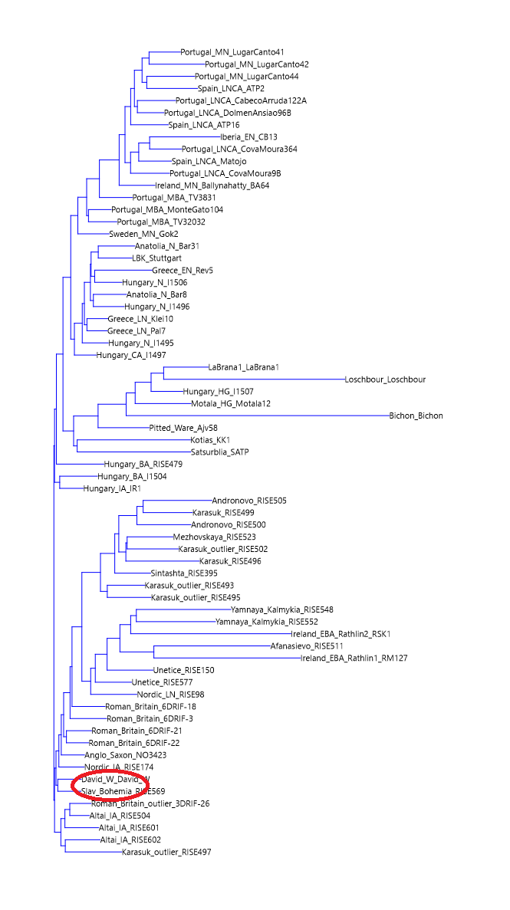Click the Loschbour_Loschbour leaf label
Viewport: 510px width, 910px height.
[385, 379]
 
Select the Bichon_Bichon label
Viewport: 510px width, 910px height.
[416, 416]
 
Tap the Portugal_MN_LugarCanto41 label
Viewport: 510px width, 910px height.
[220, 52]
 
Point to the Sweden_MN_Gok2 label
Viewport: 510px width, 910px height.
[143, 234]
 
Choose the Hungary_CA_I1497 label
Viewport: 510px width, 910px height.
[131, 355]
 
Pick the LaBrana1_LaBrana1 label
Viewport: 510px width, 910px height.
[243, 367]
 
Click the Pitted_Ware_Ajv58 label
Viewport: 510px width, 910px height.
[183, 428]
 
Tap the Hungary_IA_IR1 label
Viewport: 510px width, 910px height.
[113, 488]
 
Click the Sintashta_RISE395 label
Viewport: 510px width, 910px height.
[184, 573]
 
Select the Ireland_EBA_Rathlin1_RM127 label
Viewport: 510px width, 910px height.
[354, 658]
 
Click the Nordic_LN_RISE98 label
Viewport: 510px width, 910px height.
[170, 695]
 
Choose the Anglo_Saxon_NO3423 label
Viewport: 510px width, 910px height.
[125, 755]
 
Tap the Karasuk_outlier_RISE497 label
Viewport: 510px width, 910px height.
[166, 852]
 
